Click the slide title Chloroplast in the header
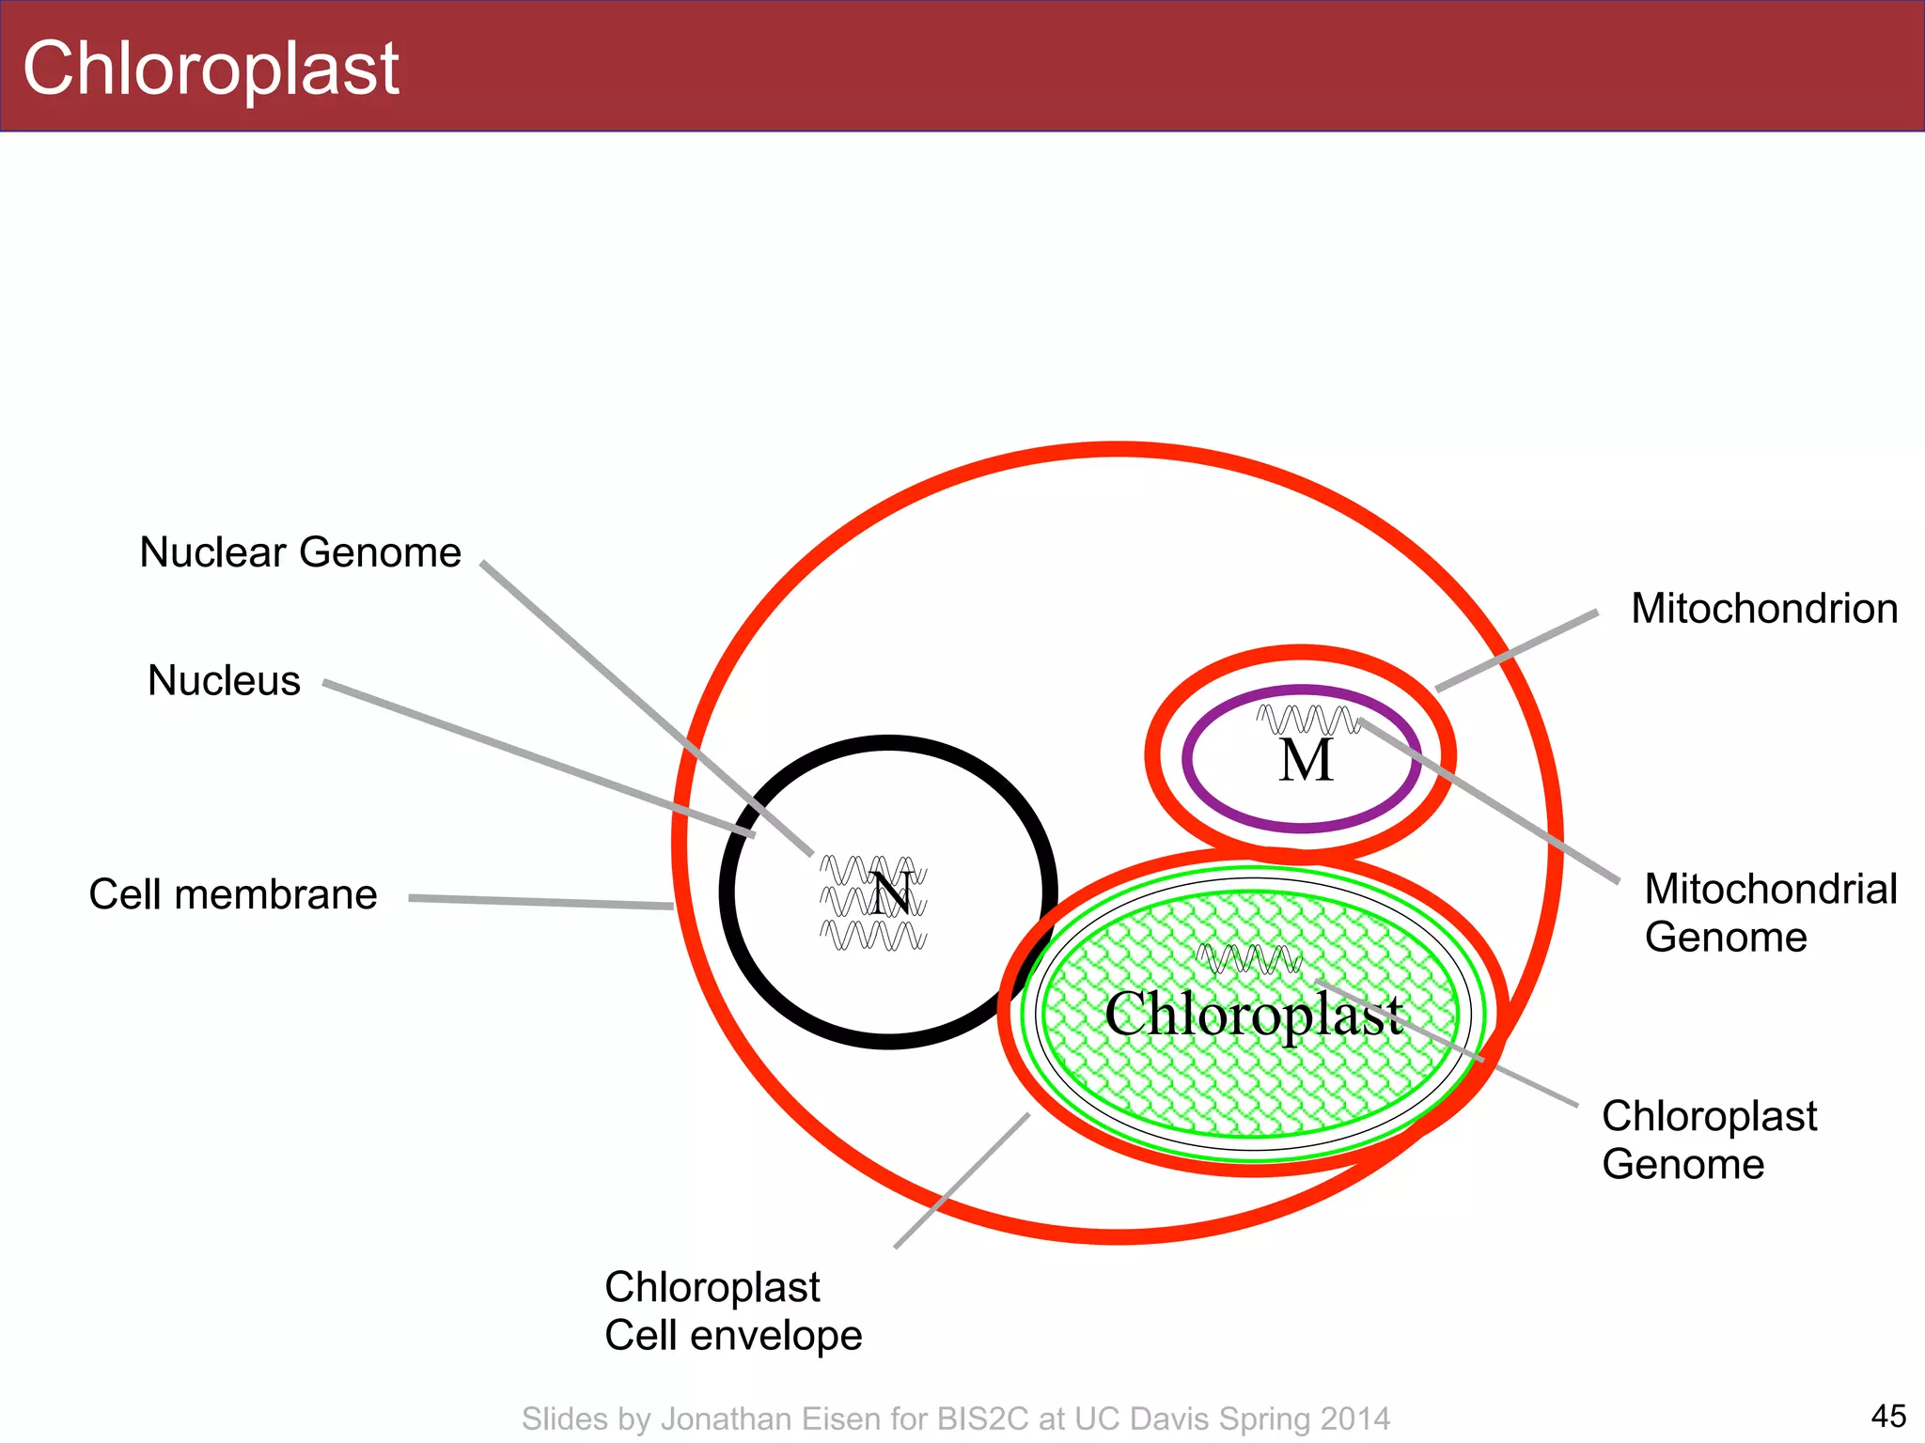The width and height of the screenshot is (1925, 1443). (211, 69)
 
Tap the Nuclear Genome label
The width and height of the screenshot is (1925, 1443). (300, 552)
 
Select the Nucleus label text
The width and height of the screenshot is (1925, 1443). (224, 680)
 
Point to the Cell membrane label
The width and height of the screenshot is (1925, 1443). (232, 894)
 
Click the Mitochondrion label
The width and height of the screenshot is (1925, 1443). (1764, 609)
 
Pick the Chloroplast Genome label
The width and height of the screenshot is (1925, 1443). (1709, 1140)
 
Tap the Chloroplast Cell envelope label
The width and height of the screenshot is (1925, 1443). (732, 1311)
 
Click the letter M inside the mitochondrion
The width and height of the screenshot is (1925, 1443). (1306, 760)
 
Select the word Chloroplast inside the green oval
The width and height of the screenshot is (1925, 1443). (1253, 1015)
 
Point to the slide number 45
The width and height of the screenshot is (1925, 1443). (1888, 1416)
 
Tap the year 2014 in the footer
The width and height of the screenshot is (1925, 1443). (1354, 1419)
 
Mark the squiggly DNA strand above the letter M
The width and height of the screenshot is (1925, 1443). (1307, 720)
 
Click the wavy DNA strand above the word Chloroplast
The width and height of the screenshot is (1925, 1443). (1248, 959)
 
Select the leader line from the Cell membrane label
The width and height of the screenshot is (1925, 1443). (540, 903)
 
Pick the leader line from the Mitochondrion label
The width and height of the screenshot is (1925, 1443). (1516, 651)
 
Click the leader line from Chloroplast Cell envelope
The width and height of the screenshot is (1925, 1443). (961, 1181)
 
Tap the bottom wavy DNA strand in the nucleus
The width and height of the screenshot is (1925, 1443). (872, 936)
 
